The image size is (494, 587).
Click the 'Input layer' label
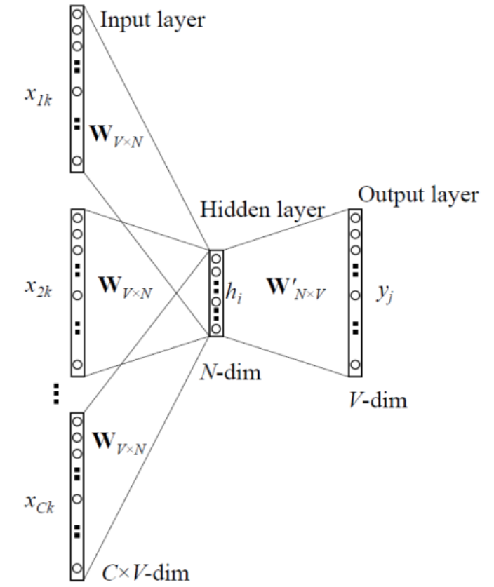pos(152,19)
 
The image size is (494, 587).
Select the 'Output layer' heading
pos(418,194)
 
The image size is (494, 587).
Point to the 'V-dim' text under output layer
pos(380,400)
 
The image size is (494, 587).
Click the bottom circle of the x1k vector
pos(77,161)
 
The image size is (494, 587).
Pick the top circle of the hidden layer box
pos(216,257)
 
